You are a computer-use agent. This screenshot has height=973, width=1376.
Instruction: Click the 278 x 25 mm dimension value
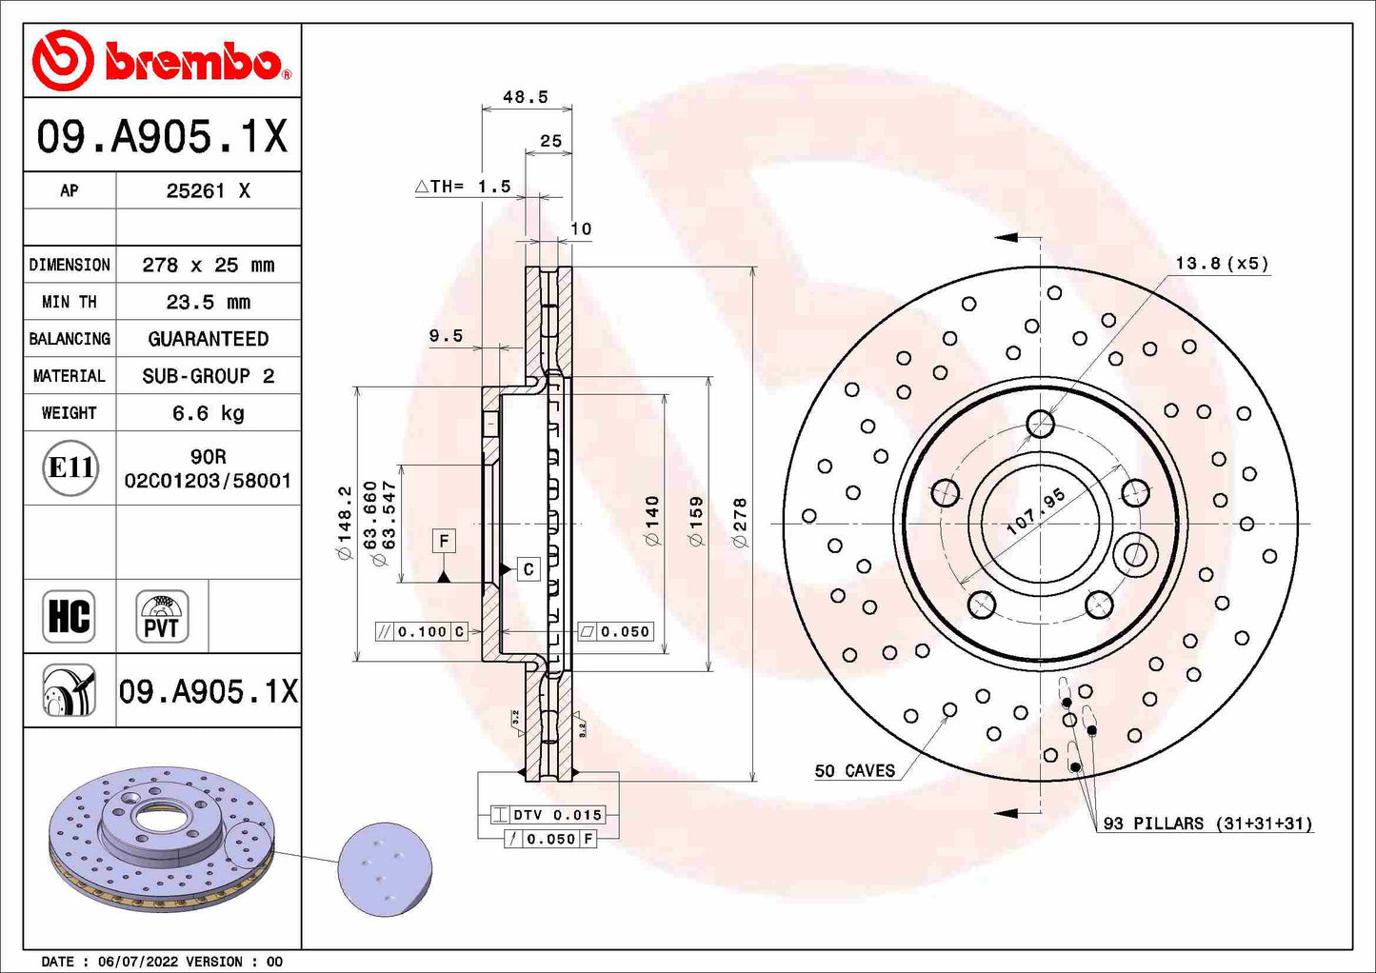click(x=208, y=265)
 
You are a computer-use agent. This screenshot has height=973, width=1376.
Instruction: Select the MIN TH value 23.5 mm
click(x=208, y=302)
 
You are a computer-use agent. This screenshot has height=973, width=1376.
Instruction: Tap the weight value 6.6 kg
click(x=208, y=413)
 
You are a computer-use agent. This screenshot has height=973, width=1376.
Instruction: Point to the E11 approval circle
click(x=70, y=467)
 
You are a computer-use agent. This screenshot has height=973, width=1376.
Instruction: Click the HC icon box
click(x=70, y=616)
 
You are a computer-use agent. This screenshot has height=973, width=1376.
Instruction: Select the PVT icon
click(x=162, y=616)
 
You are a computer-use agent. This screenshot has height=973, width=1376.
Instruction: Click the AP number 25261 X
click(x=208, y=190)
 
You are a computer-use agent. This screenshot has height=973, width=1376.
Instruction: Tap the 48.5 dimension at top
click(x=526, y=97)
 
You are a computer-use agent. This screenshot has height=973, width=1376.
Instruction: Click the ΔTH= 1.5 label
click(x=464, y=187)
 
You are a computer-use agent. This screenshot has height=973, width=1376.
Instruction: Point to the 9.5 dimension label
click(x=446, y=336)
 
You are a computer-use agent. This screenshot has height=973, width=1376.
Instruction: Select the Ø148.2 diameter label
click(x=345, y=523)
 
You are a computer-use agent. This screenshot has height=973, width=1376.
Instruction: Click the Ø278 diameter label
click(x=740, y=523)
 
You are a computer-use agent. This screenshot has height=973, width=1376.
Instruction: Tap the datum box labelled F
click(x=444, y=542)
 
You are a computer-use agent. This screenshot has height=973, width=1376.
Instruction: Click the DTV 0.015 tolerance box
click(x=548, y=815)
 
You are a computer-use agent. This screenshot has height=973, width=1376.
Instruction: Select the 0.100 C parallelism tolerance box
click(x=422, y=631)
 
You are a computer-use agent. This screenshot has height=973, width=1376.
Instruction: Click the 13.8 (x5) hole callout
click(x=1221, y=264)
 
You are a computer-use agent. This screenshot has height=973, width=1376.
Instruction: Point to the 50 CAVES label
click(x=855, y=771)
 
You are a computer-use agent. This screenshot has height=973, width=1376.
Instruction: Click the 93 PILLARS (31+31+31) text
click(x=1207, y=824)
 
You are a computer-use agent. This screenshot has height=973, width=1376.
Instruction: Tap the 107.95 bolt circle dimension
click(x=1036, y=512)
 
